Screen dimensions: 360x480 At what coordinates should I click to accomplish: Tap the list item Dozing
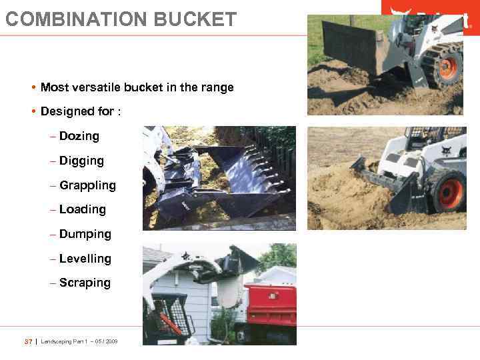[79, 136]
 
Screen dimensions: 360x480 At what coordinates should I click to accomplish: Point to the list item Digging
[81, 161]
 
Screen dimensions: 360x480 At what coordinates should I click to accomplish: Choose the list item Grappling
[87, 185]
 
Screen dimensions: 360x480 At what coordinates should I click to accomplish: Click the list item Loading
[83, 209]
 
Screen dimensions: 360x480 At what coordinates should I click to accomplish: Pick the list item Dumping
[85, 234]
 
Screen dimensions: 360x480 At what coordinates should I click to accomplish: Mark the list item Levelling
[85, 259]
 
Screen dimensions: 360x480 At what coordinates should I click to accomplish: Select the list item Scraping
[85, 283]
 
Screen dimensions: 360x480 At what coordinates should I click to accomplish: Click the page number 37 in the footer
[28, 341]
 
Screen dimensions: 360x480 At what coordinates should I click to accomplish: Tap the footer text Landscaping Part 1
[65, 341]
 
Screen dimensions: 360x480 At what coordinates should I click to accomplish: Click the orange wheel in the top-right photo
[448, 67]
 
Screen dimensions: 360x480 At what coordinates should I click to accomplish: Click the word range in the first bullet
[218, 87]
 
